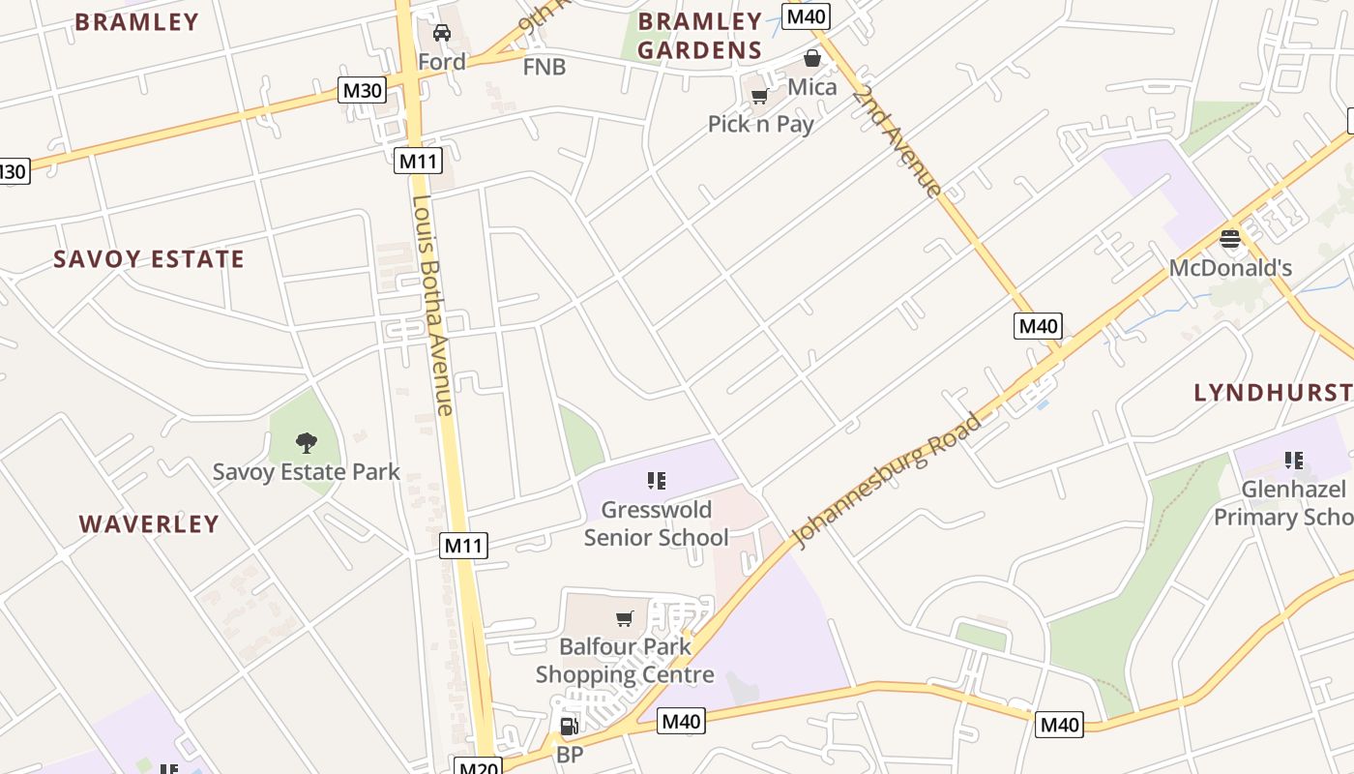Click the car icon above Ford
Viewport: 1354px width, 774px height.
(x=442, y=33)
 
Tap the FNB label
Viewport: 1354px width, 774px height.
(x=545, y=67)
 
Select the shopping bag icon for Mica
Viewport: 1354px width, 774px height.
(x=812, y=58)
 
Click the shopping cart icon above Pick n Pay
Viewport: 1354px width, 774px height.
(x=760, y=96)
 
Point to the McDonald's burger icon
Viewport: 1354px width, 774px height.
(x=1230, y=239)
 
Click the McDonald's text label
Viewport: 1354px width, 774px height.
(x=1230, y=268)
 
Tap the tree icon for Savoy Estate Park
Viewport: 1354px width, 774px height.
(x=307, y=443)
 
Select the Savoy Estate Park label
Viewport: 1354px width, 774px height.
(x=306, y=472)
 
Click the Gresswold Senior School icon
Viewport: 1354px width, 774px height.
(x=657, y=480)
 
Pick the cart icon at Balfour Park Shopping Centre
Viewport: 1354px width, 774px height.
(x=625, y=617)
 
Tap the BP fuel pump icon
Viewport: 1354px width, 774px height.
(x=569, y=726)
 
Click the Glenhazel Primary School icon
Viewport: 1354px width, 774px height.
(x=1293, y=460)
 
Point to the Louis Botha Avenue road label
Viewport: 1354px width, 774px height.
(x=432, y=306)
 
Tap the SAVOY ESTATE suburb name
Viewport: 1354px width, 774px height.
(x=149, y=259)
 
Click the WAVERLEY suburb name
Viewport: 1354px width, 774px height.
(x=149, y=524)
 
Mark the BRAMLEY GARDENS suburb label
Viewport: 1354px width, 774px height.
(x=700, y=36)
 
